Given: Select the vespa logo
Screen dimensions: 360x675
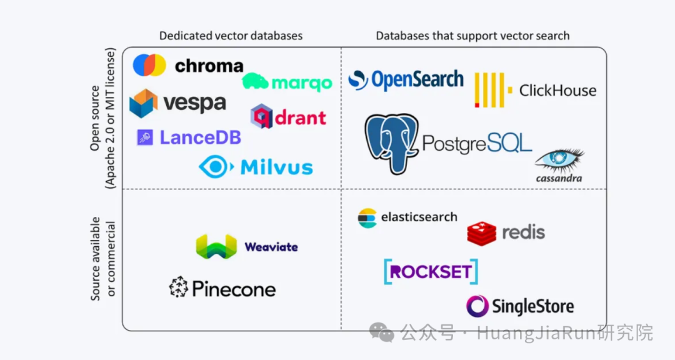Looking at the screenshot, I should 178,102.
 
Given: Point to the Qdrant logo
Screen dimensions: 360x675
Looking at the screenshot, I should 288,117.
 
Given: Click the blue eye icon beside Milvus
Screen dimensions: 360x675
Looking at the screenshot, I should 216,167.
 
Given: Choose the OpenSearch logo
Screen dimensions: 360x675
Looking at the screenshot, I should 406,80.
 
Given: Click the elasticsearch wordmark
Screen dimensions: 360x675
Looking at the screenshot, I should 419,217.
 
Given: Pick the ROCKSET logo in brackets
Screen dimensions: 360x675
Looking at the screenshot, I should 431,272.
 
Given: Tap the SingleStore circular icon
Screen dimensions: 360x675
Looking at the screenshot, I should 477,306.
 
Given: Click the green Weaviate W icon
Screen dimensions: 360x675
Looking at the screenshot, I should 216,247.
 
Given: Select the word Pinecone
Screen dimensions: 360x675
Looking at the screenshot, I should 234,289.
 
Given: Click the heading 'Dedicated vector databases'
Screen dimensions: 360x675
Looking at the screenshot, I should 231,36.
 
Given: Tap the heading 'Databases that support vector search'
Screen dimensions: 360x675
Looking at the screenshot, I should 472,36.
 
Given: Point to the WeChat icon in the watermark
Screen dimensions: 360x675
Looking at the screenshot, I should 381,332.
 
